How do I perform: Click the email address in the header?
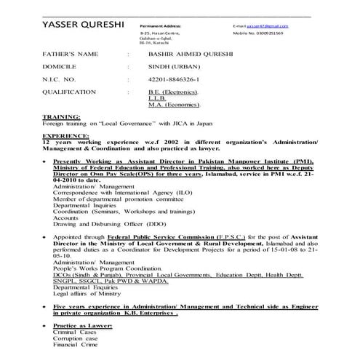pyautogui.click(x=270, y=25)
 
